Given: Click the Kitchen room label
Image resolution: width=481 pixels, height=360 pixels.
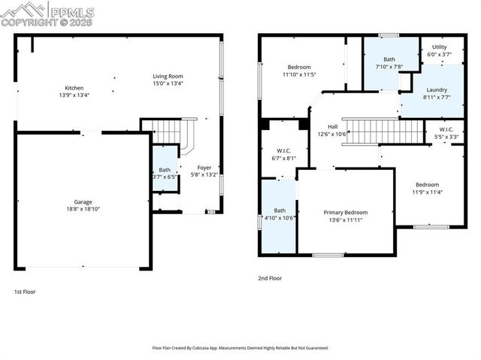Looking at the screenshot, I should pos(74,88).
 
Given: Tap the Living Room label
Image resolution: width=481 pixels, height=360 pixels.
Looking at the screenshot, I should pos(168,76).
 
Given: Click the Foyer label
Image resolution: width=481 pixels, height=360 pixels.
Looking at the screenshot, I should pos(204,167).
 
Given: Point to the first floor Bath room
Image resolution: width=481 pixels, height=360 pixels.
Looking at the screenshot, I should pos(164,174).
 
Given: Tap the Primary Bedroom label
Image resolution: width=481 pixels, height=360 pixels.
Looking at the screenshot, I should pos(344,213).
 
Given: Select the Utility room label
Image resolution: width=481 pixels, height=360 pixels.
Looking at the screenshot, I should pos(439,47).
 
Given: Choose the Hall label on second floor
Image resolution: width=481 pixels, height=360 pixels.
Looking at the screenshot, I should pos(331,128).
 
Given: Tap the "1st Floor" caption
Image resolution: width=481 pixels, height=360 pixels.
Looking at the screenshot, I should pos(25,292).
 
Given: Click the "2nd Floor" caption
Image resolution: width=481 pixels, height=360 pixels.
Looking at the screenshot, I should pos(269,278).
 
